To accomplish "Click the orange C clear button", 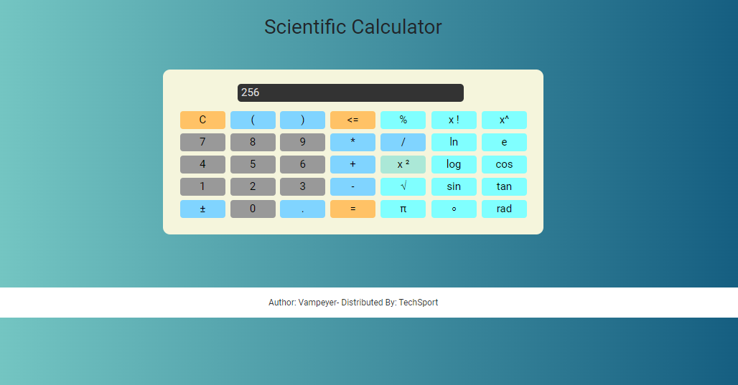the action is [x=202, y=120].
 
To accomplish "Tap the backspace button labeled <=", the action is [x=352, y=120].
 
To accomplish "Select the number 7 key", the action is [x=202, y=142].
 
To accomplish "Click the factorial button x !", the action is [x=454, y=120].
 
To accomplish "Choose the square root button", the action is [x=403, y=186].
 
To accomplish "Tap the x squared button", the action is [x=403, y=164].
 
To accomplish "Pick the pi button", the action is [x=403, y=209].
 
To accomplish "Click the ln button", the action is [x=454, y=142].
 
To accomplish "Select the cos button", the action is [x=504, y=164].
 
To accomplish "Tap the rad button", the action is [x=504, y=209].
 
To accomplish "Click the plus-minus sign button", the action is [x=202, y=209].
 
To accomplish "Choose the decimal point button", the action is [x=303, y=209].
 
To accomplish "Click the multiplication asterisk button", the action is [x=352, y=142].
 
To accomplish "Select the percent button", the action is [x=403, y=120].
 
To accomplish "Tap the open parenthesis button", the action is [x=253, y=120].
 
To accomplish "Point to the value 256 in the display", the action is [x=250, y=92].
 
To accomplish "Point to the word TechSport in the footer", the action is [x=419, y=303].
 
